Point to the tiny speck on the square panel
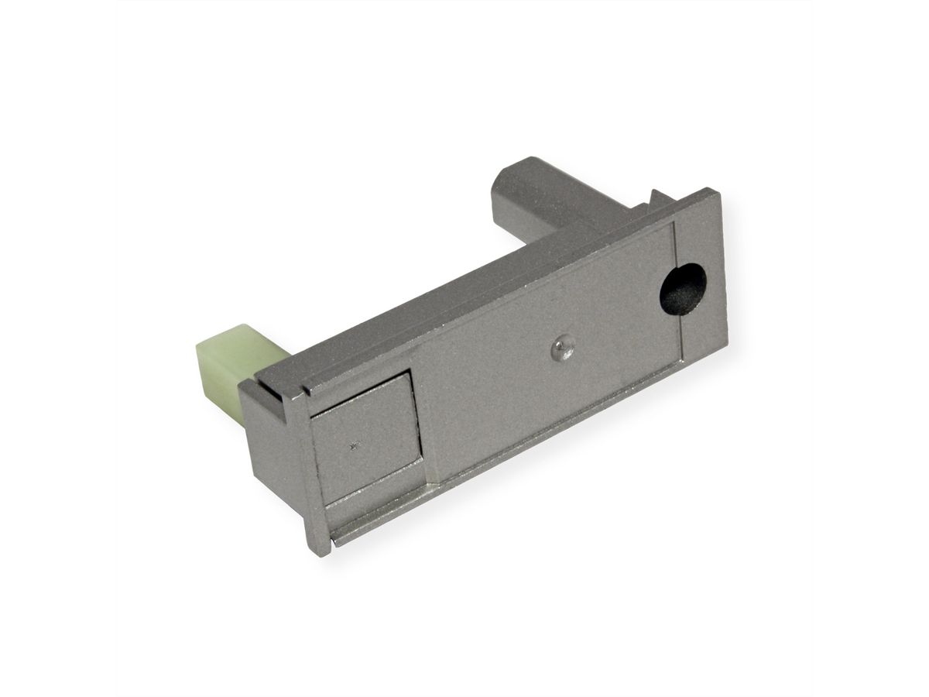[x=355, y=444]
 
